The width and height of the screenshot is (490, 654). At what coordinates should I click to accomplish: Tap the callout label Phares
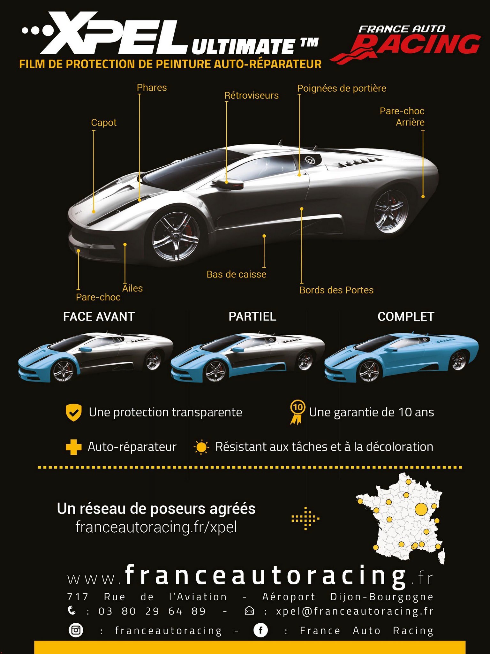tap(152, 87)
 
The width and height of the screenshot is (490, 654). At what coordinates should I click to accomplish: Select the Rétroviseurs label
tap(251, 95)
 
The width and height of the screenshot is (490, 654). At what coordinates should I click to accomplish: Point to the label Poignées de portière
tap(342, 88)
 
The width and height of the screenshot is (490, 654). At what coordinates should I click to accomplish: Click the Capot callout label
tap(104, 123)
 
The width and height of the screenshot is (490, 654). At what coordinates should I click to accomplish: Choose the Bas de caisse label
tap(236, 274)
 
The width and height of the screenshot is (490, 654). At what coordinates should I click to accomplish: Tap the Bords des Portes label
tap(336, 290)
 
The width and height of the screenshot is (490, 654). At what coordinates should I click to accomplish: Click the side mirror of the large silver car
tap(228, 184)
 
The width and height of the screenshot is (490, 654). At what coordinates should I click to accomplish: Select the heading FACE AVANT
tap(99, 316)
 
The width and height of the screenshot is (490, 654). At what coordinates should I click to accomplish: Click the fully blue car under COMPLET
tap(401, 357)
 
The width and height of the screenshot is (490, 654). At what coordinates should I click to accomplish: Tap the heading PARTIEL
tap(253, 316)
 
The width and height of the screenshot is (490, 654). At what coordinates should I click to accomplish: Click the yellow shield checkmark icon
tap(74, 413)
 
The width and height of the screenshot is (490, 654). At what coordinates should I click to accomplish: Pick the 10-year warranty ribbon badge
tap(297, 413)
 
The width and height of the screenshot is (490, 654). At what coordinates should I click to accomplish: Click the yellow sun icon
tap(201, 447)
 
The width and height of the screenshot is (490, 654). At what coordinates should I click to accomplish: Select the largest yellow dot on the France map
tap(421, 509)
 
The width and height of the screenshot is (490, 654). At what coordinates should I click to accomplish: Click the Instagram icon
tap(76, 630)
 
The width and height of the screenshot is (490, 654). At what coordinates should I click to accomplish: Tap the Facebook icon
tap(260, 630)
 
